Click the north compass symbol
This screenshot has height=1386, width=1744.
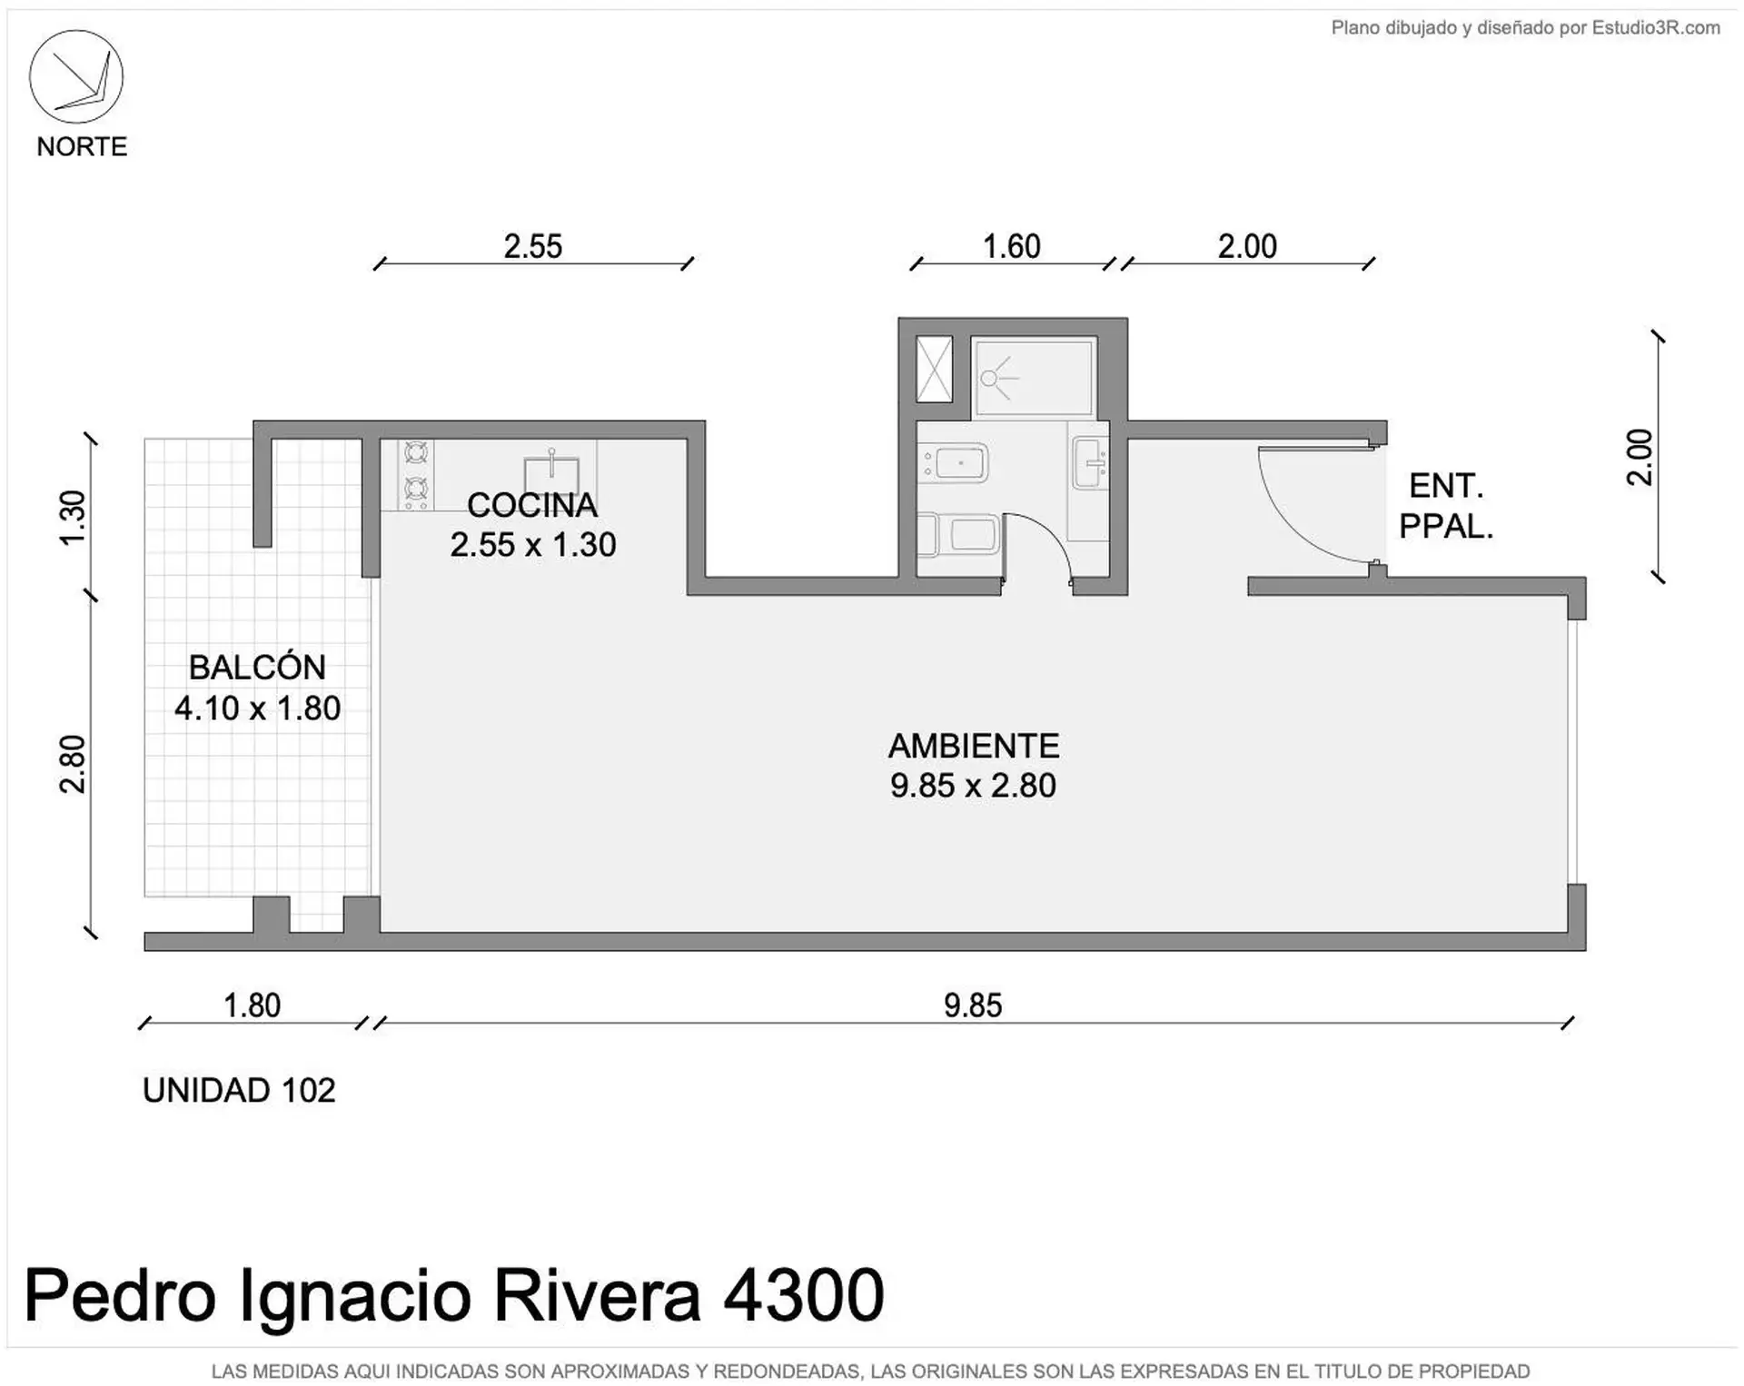tap(76, 76)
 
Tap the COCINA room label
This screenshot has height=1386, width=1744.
tap(532, 505)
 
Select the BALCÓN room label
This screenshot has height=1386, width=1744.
tap(257, 668)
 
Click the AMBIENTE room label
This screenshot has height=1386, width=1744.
tap(974, 746)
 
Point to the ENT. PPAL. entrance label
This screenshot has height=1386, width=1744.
tap(1446, 506)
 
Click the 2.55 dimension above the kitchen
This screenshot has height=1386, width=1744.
tap(533, 246)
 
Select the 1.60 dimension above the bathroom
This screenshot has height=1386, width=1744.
tap(1012, 246)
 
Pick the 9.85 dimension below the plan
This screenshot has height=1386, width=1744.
tap(973, 1005)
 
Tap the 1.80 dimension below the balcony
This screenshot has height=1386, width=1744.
tap(252, 1005)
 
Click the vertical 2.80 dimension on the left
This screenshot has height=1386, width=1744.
tap(72, 764)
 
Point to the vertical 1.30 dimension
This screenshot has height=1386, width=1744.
tap(72, 518)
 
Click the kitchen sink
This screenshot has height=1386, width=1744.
tap(551, 471)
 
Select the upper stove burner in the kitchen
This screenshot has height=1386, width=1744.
tap(416, 451)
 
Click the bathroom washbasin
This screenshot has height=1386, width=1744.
tap(1089, 462)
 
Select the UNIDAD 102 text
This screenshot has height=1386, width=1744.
tap(239, 1090)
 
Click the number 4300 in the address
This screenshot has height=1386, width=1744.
tap(803, 1295)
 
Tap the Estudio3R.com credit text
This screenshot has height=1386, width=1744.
tap(1656, 28)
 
